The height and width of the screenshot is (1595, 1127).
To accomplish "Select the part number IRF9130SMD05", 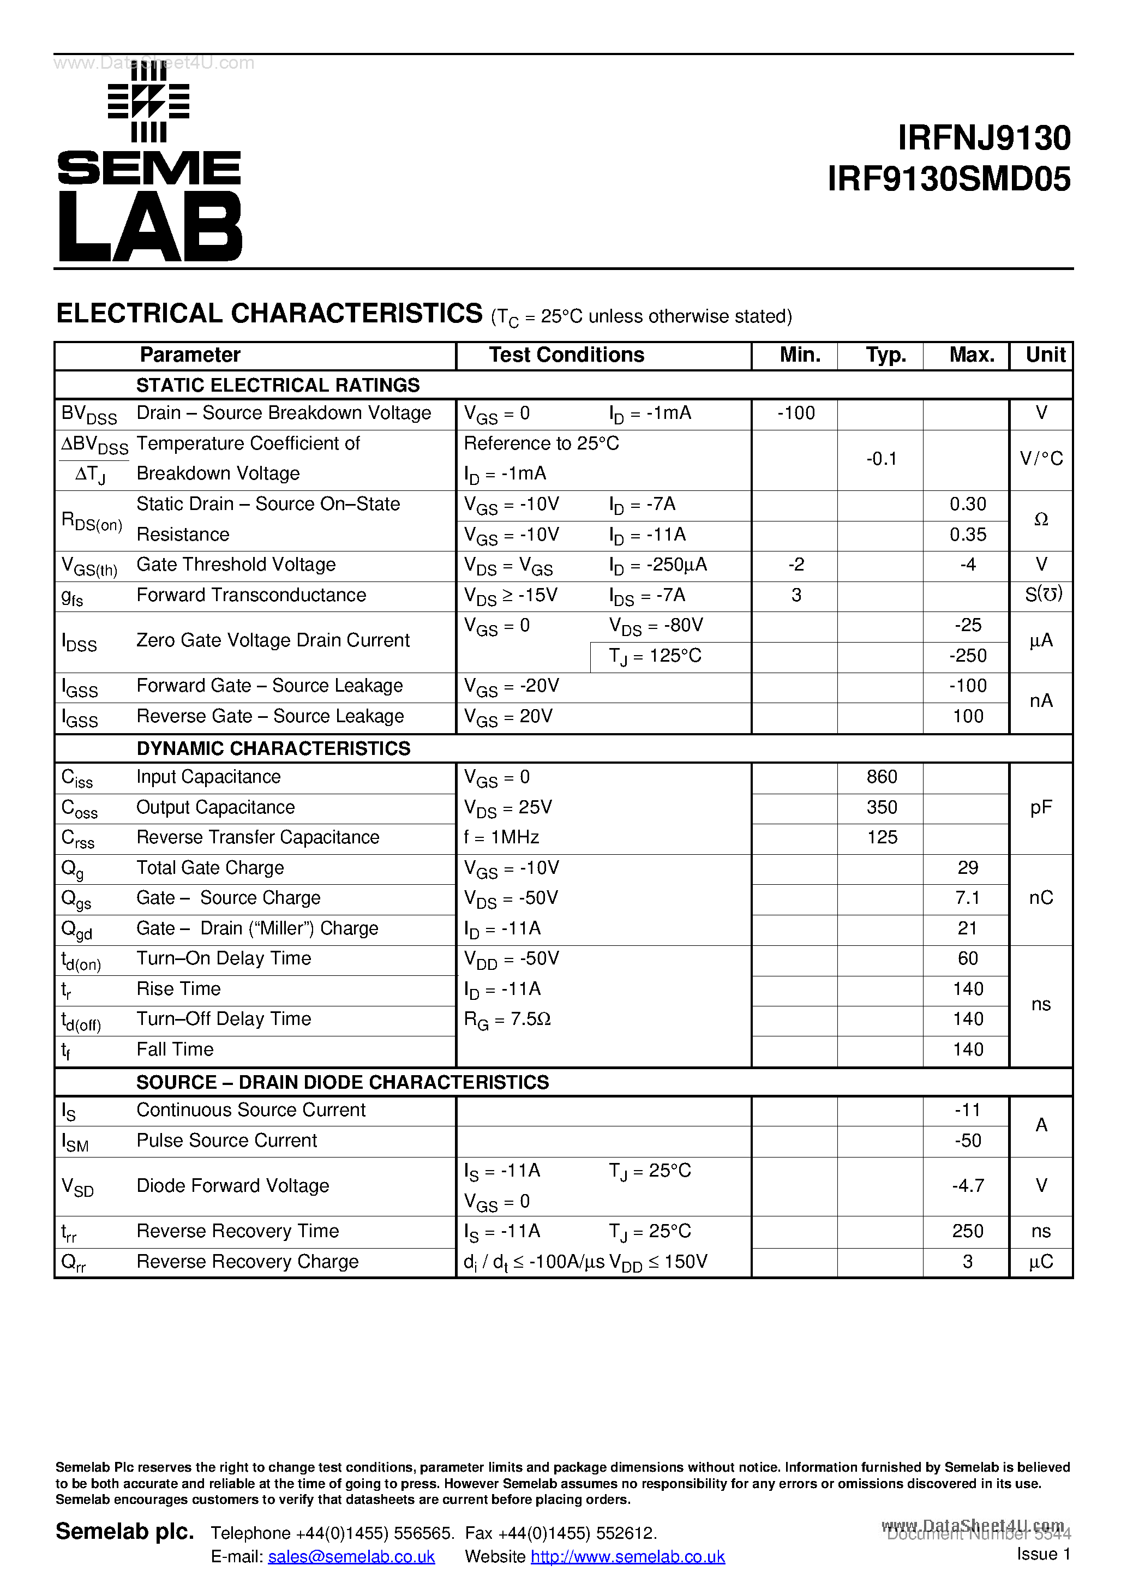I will [949, 179].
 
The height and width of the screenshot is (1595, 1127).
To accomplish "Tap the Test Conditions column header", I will [566, 355].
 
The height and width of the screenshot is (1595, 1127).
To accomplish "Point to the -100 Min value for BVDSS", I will [795, 413].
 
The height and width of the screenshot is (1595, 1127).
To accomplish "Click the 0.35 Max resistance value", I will [967, 534].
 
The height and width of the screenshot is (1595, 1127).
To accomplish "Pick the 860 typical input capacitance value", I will [881, 777].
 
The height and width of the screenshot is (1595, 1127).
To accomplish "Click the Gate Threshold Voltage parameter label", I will [236, 565].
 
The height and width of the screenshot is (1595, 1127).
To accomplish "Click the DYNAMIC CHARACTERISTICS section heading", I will [273, 748].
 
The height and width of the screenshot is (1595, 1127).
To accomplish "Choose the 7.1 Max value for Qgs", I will [967, 897].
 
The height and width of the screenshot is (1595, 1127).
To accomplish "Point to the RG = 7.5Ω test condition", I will [507, 1019].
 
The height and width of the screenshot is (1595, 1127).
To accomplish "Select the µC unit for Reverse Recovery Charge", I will [1040, 1262].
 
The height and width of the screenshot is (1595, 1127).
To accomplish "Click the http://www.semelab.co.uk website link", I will [627, 1557].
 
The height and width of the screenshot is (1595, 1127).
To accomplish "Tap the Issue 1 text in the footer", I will [1043, 1554].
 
